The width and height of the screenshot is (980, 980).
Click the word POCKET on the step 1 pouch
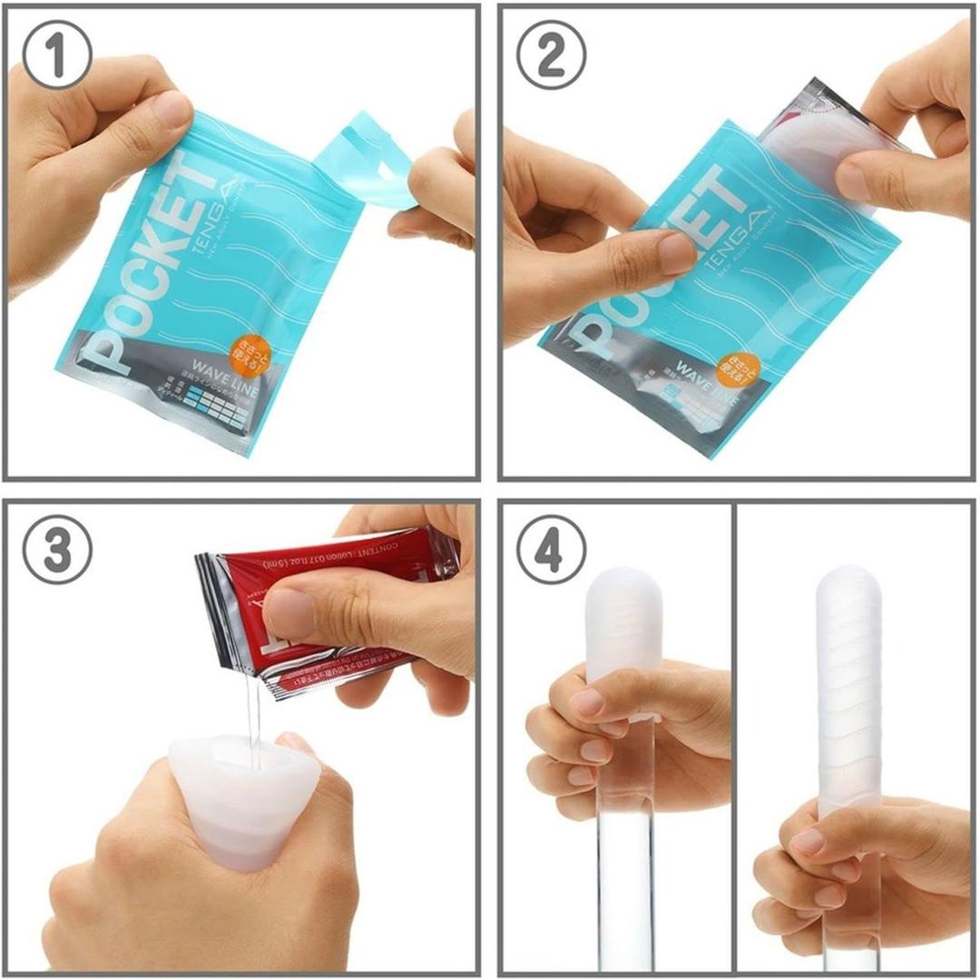(145, 272)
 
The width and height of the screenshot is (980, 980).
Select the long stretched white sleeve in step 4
(849, 681)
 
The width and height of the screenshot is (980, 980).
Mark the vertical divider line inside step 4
(734, 735)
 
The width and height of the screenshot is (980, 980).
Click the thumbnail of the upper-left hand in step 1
(172, 111)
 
